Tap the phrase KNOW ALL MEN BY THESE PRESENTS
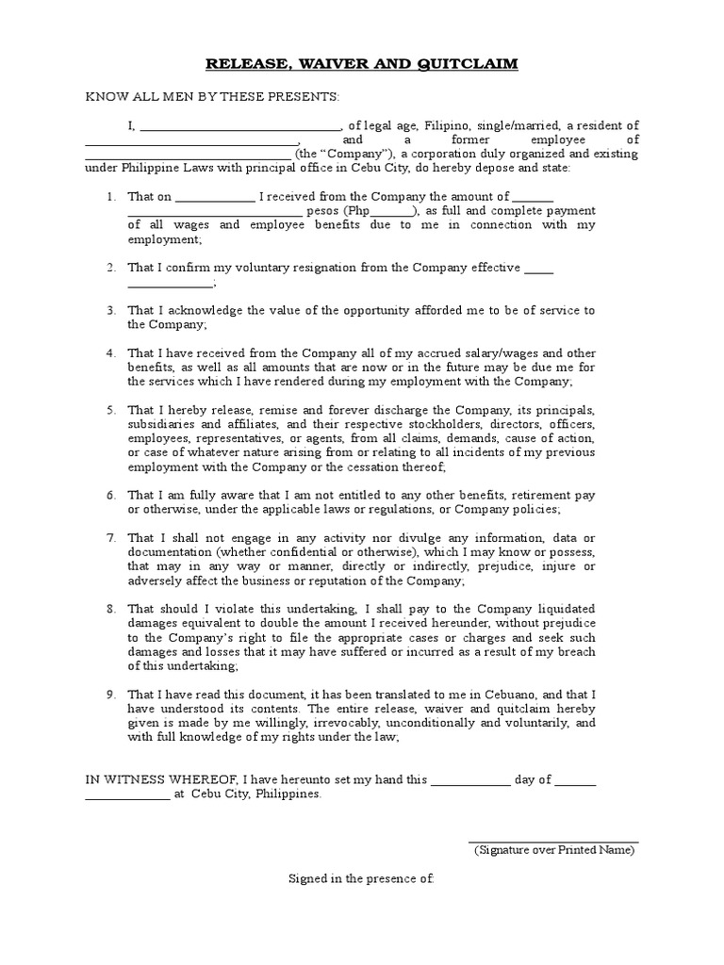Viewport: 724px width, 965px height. (x=212, y=97)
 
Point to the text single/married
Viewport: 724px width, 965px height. (x=531, y=125)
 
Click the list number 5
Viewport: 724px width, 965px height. (x=110, y=410)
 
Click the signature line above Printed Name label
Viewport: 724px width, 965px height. (x=553, y=842)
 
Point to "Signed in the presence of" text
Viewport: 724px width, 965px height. (x=361, y=878)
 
